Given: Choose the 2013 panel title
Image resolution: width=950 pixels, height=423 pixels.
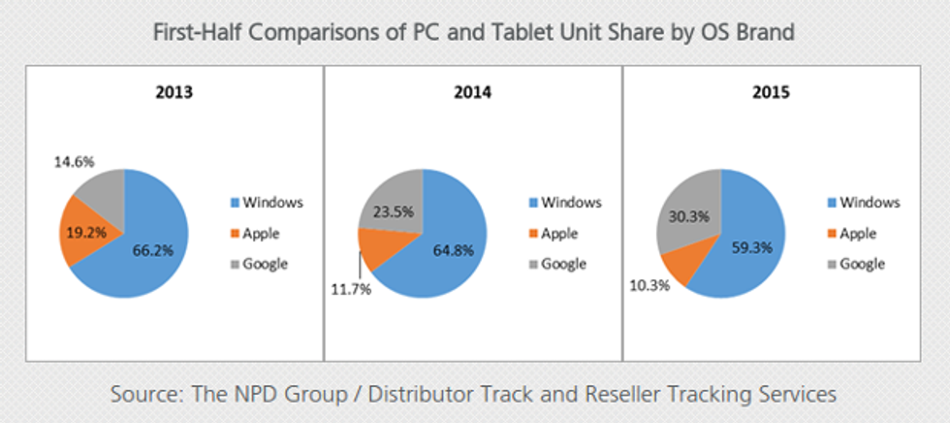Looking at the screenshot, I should click(174, 94).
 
